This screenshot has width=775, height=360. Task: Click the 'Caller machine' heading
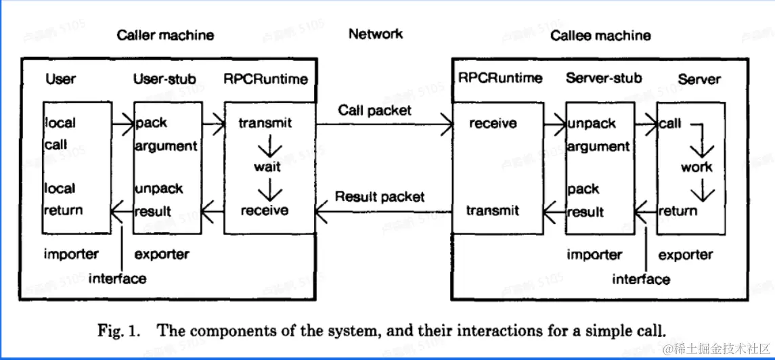[166, 36]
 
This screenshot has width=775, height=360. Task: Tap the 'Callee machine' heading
[600, 36]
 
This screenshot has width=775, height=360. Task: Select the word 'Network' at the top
[376, 34]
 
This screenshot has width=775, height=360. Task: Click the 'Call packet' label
[375, 110]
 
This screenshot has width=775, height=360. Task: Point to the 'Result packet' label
[380, 196]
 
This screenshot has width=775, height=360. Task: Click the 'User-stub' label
[164, 79]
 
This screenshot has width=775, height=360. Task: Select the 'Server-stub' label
[604, 78]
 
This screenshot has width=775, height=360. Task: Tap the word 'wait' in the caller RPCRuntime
[267, 167]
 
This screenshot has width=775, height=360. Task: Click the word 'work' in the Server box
[697, 167]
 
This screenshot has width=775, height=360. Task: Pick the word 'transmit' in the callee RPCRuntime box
[493, 210]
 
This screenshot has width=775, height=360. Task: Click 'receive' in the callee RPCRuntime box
[493, 122]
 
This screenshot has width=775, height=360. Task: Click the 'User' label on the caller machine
[61, 79]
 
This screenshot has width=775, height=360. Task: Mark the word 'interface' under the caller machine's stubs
[118, 279]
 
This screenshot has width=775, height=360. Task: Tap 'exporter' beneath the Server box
[686, 255]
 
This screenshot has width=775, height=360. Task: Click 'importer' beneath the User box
[71, 254]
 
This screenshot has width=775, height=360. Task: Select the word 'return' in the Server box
[678, 211]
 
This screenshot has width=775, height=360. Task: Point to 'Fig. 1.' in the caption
[118, 330]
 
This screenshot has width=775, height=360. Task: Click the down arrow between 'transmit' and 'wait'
[267, 145]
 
